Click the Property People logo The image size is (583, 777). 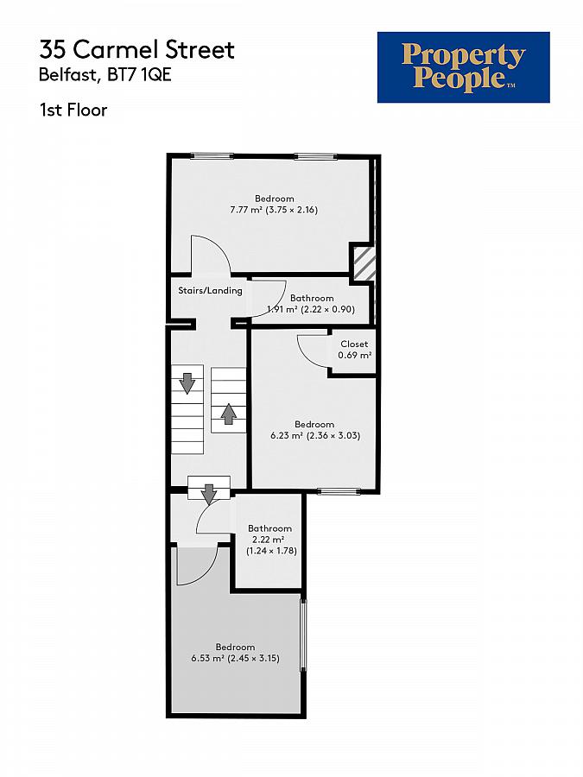point(463,67)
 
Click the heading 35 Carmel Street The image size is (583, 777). point(136,49)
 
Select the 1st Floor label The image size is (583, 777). point(73,110)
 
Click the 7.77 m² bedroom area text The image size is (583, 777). point(274,209)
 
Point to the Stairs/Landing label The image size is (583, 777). point(210,291)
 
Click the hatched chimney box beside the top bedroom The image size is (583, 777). point(363,262)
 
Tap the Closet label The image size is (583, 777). point(354,344)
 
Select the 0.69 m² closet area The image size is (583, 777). point(354,356)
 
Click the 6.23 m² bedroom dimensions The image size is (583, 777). point(314,436)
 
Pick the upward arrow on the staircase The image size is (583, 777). point(228,414)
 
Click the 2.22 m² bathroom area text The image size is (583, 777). point(269,540)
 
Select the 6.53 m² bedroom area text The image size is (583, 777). point(235,659)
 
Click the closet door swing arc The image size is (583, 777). point(313,352)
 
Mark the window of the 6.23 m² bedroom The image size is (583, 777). point(338,492)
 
